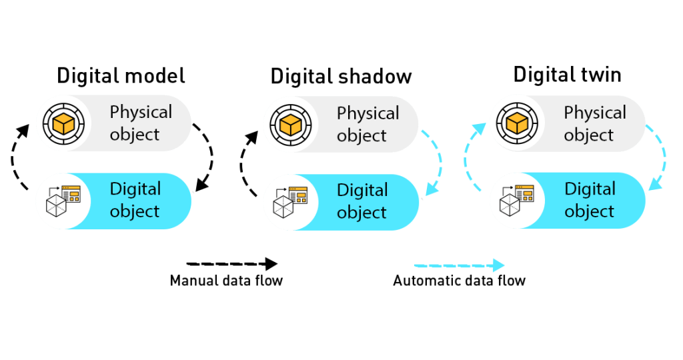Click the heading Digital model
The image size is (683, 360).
[121, 75]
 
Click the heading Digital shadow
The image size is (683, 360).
[341, 77]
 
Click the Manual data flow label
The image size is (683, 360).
[226, 281]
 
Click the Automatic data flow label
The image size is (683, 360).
[459, 281]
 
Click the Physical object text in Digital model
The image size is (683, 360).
[141, 123]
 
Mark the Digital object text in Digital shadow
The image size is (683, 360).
[362, 201]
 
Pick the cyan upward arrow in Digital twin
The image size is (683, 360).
[473, 157]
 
